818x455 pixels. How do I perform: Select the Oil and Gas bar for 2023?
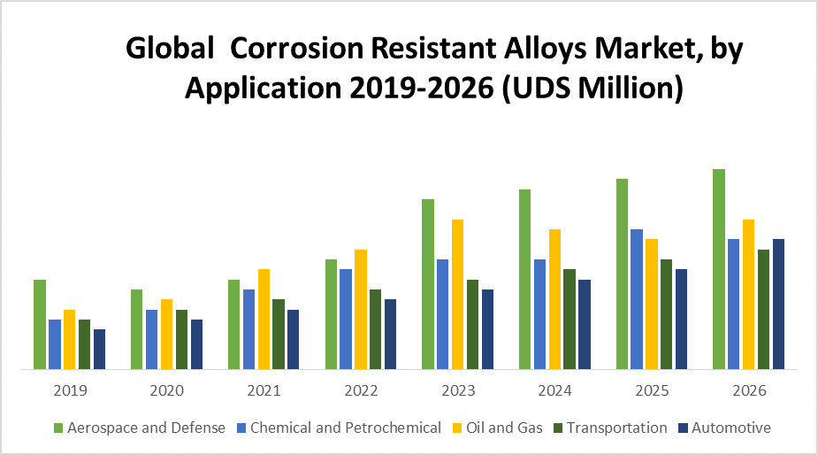(x=458, y=294)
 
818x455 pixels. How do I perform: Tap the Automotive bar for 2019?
(x=99, y=349)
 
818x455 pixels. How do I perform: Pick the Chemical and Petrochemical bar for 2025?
(x=637, y=298)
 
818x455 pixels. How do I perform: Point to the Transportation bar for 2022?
(x=376, y=328)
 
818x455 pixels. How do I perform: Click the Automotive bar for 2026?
(x=778, y=304)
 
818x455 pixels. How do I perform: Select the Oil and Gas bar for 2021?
(x=264, y=319)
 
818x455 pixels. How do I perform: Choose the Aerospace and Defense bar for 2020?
(x=137, y=328)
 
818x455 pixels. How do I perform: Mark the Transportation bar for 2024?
(x=570, y=319)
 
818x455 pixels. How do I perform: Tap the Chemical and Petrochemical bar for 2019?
(x=55, y=343)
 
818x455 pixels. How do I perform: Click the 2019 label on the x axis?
(x=70, y=390)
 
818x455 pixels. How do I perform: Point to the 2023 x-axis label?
(x=458, y=390)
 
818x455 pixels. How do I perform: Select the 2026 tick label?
(x=749, y=390)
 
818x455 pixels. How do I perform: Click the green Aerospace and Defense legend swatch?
(x=58, y=428)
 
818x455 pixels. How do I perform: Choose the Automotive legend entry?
(x=730, y=428)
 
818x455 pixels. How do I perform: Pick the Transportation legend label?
(x=617, y=428)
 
